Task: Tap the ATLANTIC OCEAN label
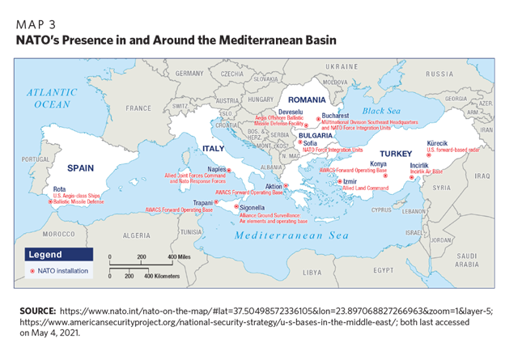[51, 98]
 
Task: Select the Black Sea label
[382, 110]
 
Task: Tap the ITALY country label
[212, 149]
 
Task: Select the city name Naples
[216, 170]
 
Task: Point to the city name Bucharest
[336, 116]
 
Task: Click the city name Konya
[378, 163]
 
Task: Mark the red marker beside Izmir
[340, 181]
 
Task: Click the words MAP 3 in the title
[40, 23]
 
